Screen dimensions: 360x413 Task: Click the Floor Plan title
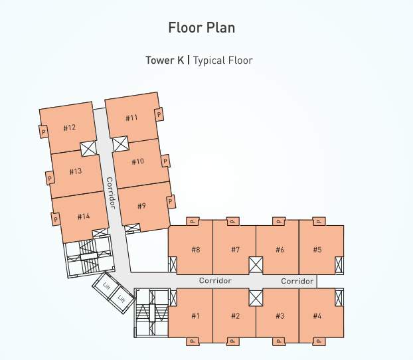pos(202,28)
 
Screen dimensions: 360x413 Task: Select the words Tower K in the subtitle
pos(165,60)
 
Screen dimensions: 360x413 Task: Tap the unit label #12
pos(70,128)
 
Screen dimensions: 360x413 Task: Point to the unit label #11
pos(131,118)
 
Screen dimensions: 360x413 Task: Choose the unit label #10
pos(137,161)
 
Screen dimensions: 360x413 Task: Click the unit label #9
pos(141,206)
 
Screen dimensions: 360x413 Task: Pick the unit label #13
pos(75,171)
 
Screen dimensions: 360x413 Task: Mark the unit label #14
pos(83,216)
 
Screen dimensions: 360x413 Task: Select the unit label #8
pos(196,250)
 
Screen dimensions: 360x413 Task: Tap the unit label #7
pos(235,250)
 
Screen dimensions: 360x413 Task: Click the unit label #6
pos(280,250)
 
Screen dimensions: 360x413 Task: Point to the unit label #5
pos(317,250)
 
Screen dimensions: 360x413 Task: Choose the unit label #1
pos(195,315)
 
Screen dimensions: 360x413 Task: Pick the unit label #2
pos(235,315)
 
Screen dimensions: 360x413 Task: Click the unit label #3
pos(280,315)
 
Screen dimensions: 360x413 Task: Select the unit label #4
pos(317,315)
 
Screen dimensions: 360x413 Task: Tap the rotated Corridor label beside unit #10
pos(111,193)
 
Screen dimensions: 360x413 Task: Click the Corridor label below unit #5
pos(297,282)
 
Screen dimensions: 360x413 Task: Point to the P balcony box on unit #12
pos(44,132)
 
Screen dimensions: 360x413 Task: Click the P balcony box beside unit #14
pos(56,219)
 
